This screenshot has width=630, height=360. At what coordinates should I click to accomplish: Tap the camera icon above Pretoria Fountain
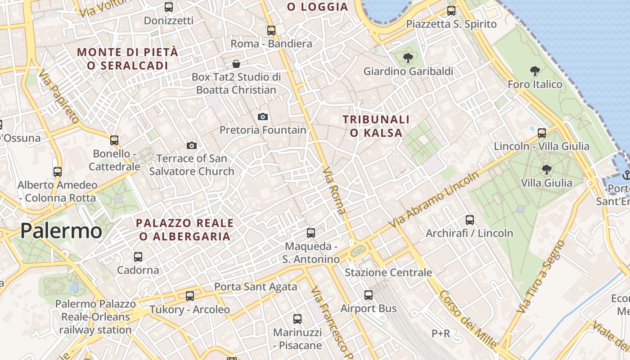[263, 117]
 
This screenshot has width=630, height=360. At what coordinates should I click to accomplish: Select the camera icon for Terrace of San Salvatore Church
[192, 145]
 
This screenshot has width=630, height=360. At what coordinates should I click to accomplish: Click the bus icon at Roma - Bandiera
[271, 31]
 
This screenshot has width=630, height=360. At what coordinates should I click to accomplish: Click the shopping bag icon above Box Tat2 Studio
[236, 64]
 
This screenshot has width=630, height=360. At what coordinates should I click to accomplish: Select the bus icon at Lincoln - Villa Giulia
[542, 133]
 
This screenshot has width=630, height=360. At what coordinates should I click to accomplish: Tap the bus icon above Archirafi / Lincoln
[470, 220]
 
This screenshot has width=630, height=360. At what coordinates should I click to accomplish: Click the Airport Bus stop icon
[369, 295]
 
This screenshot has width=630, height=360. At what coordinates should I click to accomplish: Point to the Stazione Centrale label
[388, 272]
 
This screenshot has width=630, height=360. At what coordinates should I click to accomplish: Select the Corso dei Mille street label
[468, 319]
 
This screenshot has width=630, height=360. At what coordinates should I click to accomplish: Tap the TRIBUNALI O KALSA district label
[376, 126]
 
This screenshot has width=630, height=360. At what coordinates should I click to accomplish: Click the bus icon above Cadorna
[138, 257]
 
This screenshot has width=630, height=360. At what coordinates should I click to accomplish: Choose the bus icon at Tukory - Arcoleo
[190, 296]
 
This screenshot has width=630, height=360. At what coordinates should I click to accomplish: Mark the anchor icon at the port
[625, 175]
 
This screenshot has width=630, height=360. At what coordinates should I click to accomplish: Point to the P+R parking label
[441, 333]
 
